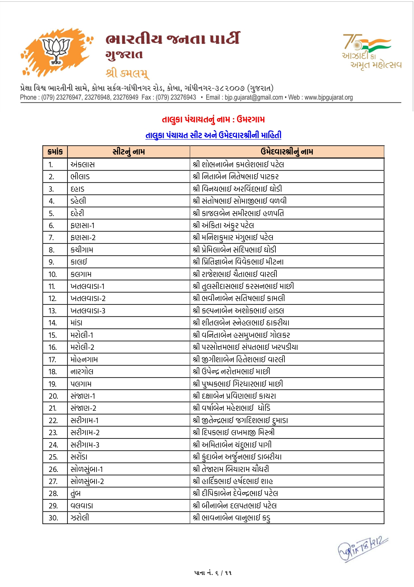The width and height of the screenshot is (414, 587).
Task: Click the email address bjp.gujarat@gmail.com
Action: (x=254, y=97)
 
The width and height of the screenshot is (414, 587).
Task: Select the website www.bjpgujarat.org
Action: (x=329, y=97)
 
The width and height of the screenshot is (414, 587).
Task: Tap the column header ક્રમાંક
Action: (x=55, y=152)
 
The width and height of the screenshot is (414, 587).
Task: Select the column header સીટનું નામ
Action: (x=129, y=152)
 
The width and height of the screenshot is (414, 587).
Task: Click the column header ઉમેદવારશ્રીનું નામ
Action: (x=287, y=152)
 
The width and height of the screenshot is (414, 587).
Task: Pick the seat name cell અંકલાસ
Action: (x=82, y=165)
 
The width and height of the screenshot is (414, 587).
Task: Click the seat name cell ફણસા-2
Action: (x=83, y=238)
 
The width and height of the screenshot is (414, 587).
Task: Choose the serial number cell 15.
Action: (x=52, y=335)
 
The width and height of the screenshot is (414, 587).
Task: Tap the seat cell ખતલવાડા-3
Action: (x=88, y=311)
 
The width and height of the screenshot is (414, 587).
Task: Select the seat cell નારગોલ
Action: (x=82, y=372)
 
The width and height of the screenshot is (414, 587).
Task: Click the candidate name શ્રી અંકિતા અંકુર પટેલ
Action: (x=223, y=225)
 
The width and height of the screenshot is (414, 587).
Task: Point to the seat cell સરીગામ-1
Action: (x=84, y=420)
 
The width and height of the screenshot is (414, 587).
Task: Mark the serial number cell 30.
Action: (x=53, y=518)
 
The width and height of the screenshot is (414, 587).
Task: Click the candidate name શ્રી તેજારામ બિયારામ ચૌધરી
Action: (x=231, y=469)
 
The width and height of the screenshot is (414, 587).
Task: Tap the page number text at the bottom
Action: (x=213, y=573)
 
